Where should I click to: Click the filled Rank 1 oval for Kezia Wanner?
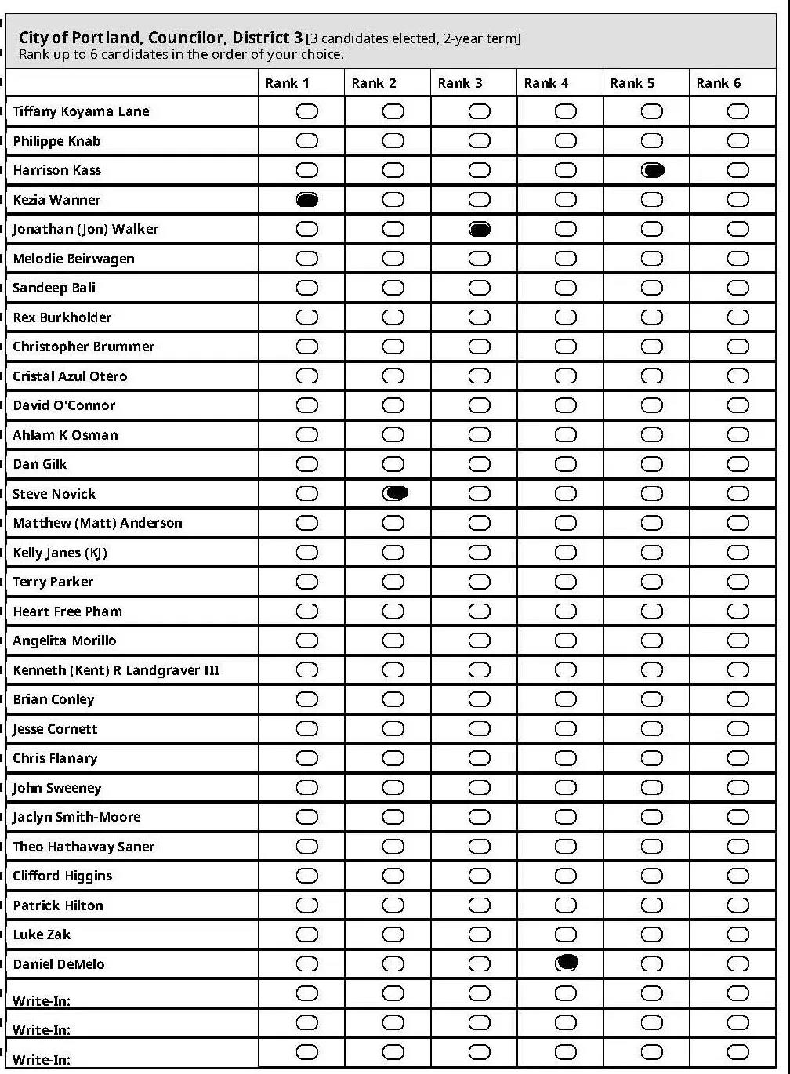(x=307, y=200)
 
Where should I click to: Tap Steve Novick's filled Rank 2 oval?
(x=396, y=493)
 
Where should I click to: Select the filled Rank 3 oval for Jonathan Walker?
(x=480, y=229)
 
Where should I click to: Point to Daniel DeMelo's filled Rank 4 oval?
(x=567, y=963)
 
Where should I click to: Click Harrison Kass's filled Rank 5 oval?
(x=653, y=170)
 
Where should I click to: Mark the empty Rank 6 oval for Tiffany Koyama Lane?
(x=737, y=111)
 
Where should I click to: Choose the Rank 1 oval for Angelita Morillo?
(x=307, y=640)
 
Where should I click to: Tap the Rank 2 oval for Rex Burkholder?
(x=393, y=317)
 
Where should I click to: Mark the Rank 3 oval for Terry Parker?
(x=480, y=582)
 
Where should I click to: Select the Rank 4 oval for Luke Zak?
(x=566, y=934)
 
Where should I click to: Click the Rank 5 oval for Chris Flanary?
(x=652, y=758)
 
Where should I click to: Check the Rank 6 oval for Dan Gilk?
(x=737, y=464)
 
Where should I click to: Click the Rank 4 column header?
(x=546, y=83)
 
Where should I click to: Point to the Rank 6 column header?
(x=719, y=83)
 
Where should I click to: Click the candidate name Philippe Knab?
(x=56, y=141)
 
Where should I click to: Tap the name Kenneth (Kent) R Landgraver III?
(x=116, y=670)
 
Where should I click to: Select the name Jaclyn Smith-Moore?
(x=77, y=817)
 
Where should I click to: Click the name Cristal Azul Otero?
(x=70, y=376)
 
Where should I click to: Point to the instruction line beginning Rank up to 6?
(x=182, y=54)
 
